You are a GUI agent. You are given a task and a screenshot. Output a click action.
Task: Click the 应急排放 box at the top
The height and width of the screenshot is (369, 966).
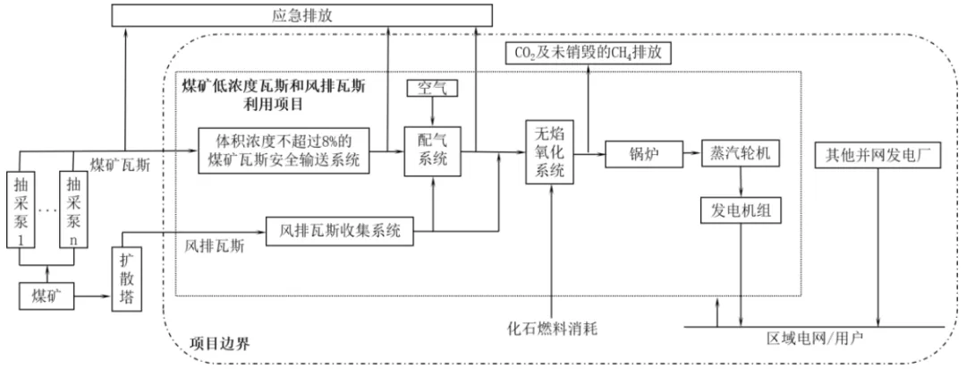click(x=301, y=15)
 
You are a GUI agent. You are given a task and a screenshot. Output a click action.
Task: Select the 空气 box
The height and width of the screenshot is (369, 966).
click(x=433, y=89)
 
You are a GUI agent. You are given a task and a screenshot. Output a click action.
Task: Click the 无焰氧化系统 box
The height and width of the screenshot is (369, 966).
click(x=550, y=151)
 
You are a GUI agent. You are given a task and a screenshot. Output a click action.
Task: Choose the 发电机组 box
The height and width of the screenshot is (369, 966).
click(x=741, y=210)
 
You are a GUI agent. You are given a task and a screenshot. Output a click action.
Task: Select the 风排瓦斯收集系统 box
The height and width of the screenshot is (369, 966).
click(x=340, y=232)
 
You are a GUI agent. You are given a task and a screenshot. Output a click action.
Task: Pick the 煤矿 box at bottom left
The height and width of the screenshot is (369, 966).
click(x=47, y=296)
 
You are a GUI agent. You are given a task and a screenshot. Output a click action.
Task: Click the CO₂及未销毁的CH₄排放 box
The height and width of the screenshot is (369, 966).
click(x=587, y=53)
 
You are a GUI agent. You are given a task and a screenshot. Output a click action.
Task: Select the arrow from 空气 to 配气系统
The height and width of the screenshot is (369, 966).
click(x=433, y=112)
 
